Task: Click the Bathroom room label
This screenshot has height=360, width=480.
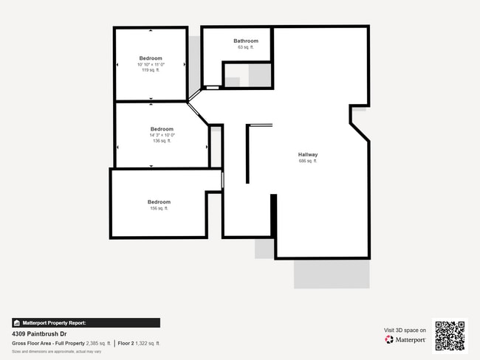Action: (246, 41)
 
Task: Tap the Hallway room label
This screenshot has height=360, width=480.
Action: (308, 154)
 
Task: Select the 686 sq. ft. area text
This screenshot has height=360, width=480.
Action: (308, 161)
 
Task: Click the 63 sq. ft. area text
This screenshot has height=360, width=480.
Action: (246, 47)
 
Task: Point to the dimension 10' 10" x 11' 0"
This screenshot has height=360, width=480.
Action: (151, 64)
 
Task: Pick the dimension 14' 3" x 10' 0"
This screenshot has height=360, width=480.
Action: (162, 135)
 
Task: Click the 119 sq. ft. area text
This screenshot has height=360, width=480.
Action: (151, 70)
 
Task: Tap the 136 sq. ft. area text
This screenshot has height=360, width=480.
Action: (162, 141)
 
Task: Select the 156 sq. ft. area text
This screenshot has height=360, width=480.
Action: (159, 208)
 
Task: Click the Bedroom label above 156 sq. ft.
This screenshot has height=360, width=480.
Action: (159, 201)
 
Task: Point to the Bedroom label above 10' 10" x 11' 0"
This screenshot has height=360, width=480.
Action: (151, 58)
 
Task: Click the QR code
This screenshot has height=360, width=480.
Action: (450, 335)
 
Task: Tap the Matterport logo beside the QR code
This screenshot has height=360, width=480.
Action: (405, 340)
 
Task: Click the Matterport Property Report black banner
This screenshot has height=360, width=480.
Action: (86, 322)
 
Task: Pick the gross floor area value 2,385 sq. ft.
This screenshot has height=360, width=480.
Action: (98, 343)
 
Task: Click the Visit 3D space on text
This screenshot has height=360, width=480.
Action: (405, 330)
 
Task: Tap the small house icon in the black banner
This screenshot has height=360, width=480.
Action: (16, 322)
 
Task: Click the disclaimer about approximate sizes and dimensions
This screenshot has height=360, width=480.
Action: (56, 351)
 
